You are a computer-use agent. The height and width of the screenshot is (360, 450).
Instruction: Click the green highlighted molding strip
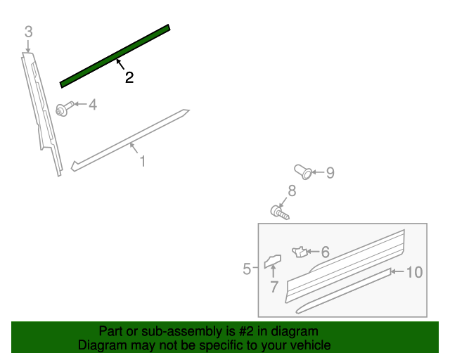click(115, 56)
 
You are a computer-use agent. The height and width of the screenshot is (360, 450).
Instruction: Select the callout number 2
click(129, 78)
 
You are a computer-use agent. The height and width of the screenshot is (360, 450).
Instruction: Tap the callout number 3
click(28, 32)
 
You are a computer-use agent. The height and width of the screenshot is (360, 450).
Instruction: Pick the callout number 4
click(92, 105)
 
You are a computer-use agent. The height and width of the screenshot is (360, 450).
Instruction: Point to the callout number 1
click(142, 162)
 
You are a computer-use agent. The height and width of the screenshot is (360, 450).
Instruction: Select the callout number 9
click(329, 172)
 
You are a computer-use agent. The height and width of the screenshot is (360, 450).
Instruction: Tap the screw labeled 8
click(279, 211)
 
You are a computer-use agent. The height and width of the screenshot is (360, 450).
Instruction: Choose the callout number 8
click(291, 191)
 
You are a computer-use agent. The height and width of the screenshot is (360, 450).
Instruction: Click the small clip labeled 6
click(299, 251)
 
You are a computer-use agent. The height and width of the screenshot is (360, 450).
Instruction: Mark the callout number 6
click(325, 252)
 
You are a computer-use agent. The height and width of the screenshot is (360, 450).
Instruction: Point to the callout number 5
click(247, 269)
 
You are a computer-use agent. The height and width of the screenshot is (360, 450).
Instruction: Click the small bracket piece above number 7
click(272, 262)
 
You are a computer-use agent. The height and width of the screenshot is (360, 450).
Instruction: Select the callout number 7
click(274, 287)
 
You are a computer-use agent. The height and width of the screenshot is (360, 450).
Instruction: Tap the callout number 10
click(415, 272)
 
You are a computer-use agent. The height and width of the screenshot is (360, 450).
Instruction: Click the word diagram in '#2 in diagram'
click(295, 331)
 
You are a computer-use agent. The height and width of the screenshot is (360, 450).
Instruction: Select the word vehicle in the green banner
click(309, 346)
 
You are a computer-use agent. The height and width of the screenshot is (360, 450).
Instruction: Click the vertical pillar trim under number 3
click(41, 112)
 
